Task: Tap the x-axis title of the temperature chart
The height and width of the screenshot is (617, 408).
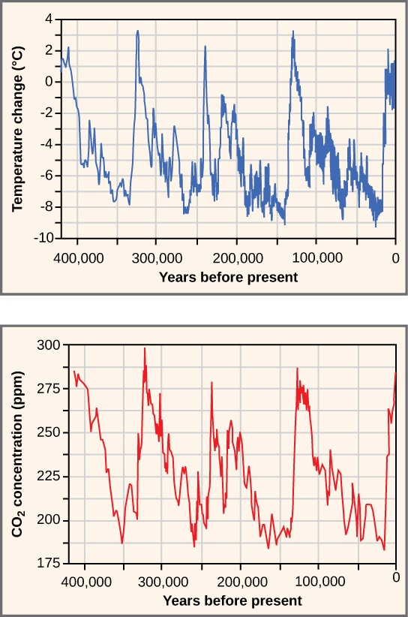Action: (x=228, y=277)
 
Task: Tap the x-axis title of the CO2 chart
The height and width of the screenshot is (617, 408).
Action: (x=232, y=600)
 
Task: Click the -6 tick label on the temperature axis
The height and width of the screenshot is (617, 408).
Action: (x=45, y=175)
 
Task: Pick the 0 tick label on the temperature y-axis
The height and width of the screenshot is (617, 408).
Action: (x=48, y=81)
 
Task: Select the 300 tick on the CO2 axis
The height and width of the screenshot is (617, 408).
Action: (x=48, y=345)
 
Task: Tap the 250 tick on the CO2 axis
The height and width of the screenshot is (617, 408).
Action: (x=48, y=433)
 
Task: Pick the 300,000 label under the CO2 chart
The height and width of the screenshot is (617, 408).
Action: (x=163, y=581)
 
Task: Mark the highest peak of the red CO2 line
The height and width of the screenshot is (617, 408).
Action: (x=145, y=348)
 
